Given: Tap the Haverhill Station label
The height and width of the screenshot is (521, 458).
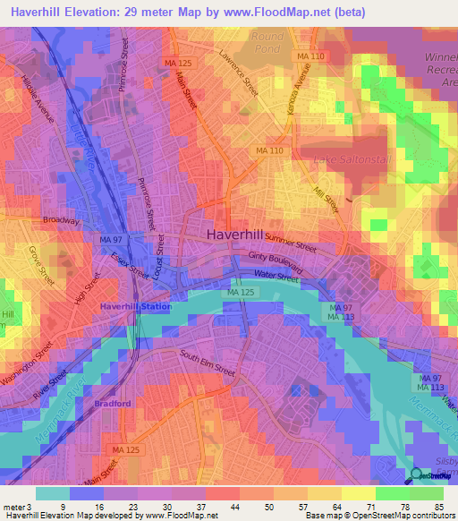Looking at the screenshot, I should point(135,307).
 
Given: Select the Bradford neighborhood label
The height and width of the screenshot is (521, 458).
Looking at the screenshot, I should point(114,404).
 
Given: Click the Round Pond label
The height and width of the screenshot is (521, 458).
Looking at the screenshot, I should point(267,43).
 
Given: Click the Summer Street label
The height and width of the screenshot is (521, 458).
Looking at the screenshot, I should point(291,243).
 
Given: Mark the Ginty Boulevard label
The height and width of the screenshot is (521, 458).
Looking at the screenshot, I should point(276,263).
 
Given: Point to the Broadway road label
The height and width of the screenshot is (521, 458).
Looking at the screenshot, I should point(61,220).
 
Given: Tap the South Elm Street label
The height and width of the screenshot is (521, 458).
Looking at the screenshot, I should point(207,363).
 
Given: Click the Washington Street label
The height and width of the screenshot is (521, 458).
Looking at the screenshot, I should point(24,366).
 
